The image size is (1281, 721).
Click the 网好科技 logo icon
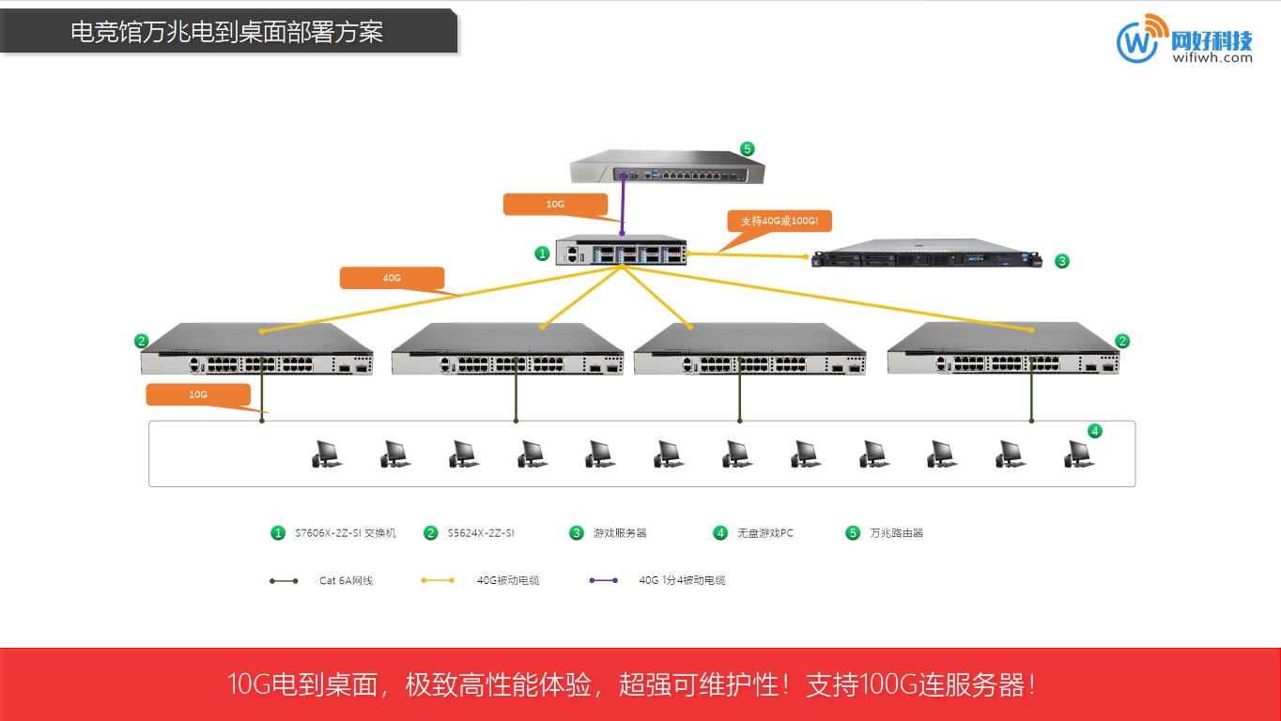tap(1137, 39)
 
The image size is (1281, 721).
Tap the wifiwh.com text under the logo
tap(1212, 57)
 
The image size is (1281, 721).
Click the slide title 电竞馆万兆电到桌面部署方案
tap(227, 32)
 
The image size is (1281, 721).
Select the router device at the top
tap(668, 170)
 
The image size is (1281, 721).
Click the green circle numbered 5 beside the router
tap(747, 149)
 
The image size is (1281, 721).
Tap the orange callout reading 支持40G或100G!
tap(779, 222)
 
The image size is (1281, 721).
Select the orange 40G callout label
tap(392, 278)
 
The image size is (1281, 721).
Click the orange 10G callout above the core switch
tap(555, 204)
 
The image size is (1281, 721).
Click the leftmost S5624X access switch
tap(256, 349)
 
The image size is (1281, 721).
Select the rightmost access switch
tap(1002, 349)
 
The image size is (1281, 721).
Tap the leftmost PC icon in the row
tap(326, 454)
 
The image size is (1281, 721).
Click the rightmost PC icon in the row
tap(1078, 454)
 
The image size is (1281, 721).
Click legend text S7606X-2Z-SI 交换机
tap(346, 533)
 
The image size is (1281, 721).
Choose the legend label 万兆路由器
tap(896, 533)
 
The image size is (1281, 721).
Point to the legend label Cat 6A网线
tap(346, 581)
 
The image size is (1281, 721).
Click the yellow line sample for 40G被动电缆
tap(438, 580)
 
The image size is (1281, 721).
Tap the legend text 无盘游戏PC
tap(765, 533)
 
